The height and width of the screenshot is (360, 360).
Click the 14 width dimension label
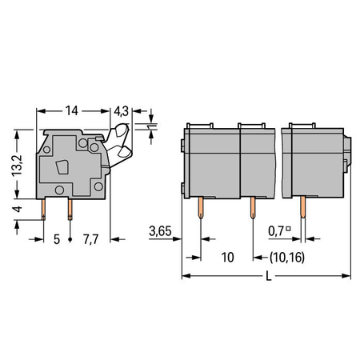[x=72, y=110]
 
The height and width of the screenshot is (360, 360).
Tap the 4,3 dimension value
[x=121, y=111]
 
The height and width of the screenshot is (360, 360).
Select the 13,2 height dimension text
[x=18, y=166]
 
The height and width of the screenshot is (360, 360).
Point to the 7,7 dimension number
[x=91, y=239]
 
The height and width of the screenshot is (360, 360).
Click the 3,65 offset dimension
[x=160, y=231]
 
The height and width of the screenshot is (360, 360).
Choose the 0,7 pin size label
[x=276, y=231]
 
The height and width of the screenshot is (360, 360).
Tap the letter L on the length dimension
[x=269, y=277]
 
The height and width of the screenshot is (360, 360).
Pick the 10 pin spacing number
[x=228, y=258]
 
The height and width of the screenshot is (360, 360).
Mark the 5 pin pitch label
[x=57, y=239]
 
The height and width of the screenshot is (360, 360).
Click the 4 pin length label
[x=18, y=209]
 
